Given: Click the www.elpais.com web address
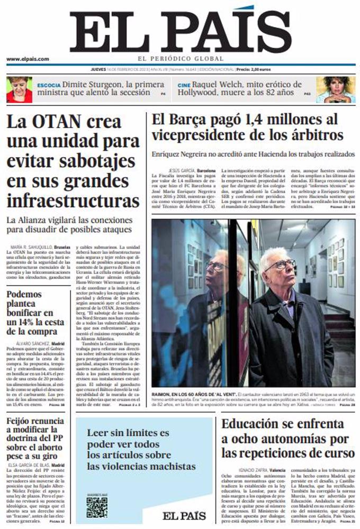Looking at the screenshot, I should point(28,59).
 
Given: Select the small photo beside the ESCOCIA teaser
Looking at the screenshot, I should point(19,89).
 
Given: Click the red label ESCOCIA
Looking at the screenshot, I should point(49,85).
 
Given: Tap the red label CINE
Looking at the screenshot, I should point(184,85).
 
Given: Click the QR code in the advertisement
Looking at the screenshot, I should point(97,507).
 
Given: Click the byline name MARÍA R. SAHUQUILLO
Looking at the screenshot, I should point(30,247).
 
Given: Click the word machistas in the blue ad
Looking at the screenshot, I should point(169,466).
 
